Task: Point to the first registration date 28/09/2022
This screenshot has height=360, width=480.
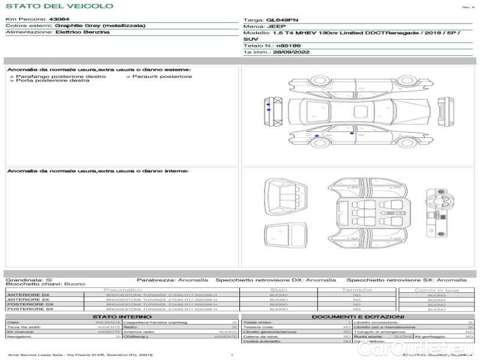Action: pos(282,52)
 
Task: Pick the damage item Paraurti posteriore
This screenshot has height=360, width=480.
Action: pos(162,76)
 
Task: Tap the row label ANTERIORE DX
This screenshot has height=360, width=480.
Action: pos(28,295)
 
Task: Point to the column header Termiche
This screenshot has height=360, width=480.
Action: pos(357,290)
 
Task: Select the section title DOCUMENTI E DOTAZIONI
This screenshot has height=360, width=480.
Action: pos(358,316)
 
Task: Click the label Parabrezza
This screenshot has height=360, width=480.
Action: pos(155,280)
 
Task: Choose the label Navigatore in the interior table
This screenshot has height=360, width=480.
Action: pos(20,337)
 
